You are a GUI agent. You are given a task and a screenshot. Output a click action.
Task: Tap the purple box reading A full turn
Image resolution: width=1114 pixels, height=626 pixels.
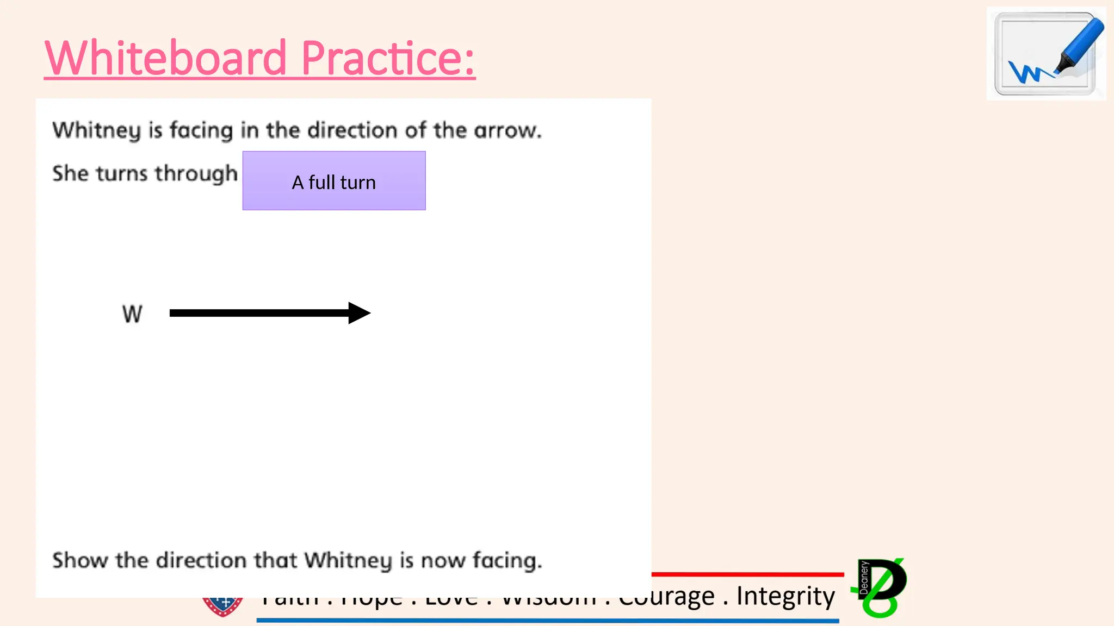click(x=334, y=181)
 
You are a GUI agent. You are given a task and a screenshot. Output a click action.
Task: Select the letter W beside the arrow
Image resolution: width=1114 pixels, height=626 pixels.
click(x=132, y=314)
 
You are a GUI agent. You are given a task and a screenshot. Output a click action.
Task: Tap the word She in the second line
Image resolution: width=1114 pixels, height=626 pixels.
click(x=70, y=173)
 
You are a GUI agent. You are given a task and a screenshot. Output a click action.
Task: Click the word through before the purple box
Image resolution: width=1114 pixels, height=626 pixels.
click(x=196, y=174)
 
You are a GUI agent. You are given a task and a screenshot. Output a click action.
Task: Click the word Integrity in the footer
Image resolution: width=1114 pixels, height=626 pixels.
click(x=785, y=596)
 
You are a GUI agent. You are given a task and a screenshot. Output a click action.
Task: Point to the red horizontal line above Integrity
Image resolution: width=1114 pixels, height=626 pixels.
click(x=747, y=574)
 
